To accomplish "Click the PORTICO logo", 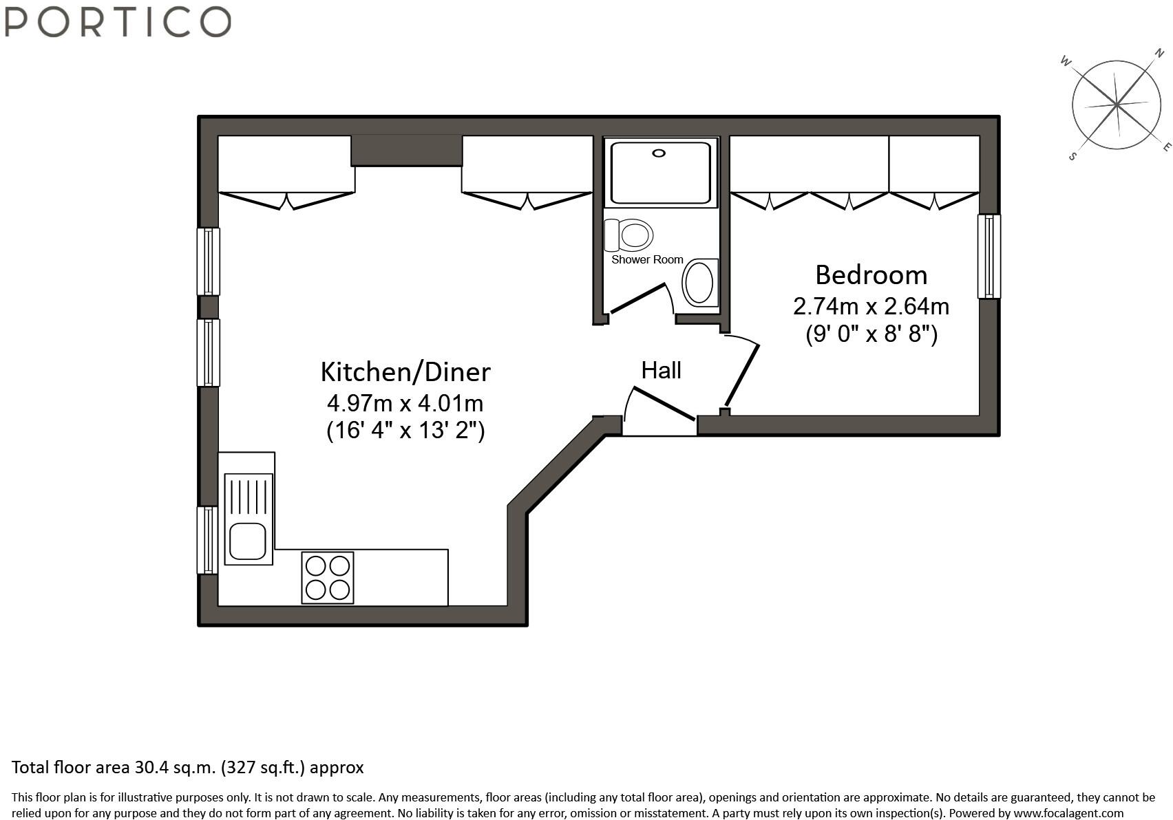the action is coord(118,21).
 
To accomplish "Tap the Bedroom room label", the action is coord(871,274).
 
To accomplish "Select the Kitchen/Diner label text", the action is coord(405,372).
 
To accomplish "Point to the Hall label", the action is coord(662,371).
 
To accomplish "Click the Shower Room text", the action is coord(647,259).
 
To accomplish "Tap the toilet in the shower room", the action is coord(628,235).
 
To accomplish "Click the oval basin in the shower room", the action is coord(699,283).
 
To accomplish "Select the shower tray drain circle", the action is coord(659,153).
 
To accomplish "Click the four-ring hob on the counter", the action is coord(327,577).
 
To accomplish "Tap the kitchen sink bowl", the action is coord(248,541).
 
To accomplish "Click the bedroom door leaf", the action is coord(741,375).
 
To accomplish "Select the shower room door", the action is coord(638,299).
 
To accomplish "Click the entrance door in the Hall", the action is coord(664,403).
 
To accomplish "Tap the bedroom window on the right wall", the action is coord(989,257).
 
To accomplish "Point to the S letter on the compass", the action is coord(1072,156).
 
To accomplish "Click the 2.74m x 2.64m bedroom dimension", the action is coord(871,306).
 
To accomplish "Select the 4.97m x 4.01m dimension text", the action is coord(405,403).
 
